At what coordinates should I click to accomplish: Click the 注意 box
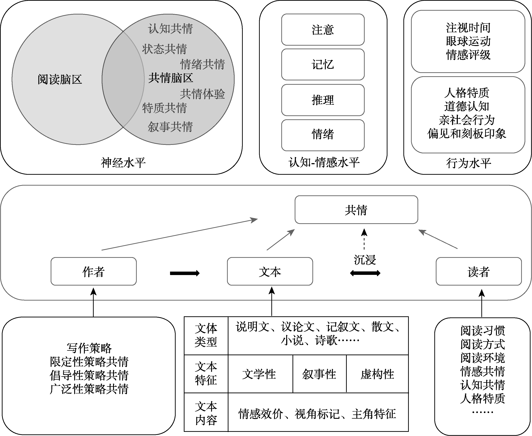pyautogui.click(x=323, y=30)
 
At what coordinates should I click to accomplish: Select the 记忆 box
pyautogui.click(x=323, y=64)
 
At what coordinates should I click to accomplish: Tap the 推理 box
pyautogui.click(x=323, y=100)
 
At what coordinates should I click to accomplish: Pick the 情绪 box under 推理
pyautogui.click(x=323, y=135)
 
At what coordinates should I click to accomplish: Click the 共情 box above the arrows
pyautogui.click(x=356, y=210)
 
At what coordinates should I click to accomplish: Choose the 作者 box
pyautogui.click(x=94, y=271)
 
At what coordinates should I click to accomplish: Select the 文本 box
pyautogui.click(x=270, y=271)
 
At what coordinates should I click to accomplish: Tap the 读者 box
pyautogui.click(x=479, y=271)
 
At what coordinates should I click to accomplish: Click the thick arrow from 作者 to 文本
pyautogui.click(x=185, y=273)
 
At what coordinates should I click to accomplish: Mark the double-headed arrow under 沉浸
pyautogui.click(x=365, y=273)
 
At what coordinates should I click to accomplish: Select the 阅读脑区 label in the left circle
pyautogui.click(x=60, y=79)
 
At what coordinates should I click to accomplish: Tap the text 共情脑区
pyautogui.click(x=171, y=78)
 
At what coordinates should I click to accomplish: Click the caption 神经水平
pyautogui.click(x=123, y=163)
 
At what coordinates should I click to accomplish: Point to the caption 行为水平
pyautogui.click(x=469, y=163)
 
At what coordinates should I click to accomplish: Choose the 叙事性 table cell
pyautogui.click(x=319, y=374)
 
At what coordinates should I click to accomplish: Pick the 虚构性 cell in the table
pyautogui.click(x=377, y=374)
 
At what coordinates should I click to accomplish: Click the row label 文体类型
pyautogui.click(x=206, y=335)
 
